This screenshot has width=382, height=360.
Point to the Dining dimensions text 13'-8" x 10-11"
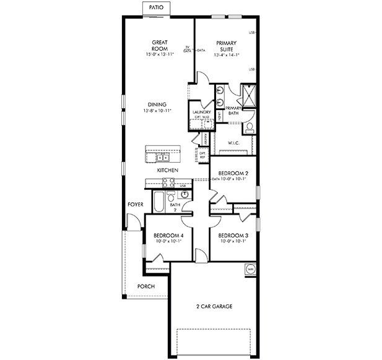coord(157,111)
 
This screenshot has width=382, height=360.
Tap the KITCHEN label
coord(167,169)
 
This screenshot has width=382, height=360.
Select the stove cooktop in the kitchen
coord(168,182)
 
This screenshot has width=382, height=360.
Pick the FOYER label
coord(136,204)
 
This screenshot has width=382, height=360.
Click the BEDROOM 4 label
coord(168,236)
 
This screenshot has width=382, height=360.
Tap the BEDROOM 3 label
coord(233,236)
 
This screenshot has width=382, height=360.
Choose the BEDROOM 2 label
coord(233,173)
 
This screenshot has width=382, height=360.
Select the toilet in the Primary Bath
coord(249,128)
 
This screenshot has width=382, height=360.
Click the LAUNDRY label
coord(202,112)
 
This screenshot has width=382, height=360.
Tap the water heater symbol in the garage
coord(251,269)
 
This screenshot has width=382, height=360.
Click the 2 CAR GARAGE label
coord(215,307)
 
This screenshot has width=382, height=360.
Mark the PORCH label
coord(146,287)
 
